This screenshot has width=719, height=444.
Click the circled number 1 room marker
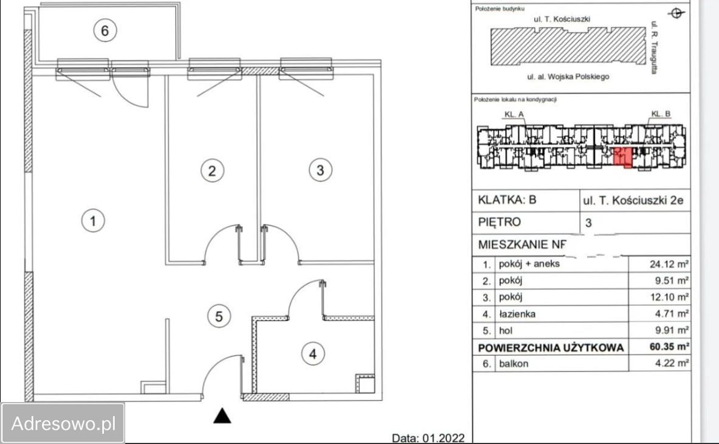[x=93, y=221]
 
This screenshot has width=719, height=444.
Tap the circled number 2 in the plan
[x=212, y=171]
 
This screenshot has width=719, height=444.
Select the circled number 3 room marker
[x=320, y=170]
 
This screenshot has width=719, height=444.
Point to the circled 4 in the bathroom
[x=313, y=353]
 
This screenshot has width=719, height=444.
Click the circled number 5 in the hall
[x=219, y=316]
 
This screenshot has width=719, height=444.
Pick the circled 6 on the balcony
[x=105, y=30]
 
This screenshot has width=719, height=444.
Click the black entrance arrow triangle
[x=222, y=415]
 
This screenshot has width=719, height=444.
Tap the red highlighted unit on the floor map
[x=623, y=157]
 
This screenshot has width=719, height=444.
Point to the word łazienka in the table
[x=517, y=314]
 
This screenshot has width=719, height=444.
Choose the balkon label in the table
[x=514, y=363]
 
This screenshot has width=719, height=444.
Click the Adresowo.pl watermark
[x=63, y=423]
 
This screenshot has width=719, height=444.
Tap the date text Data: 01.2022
[x=428, y=438]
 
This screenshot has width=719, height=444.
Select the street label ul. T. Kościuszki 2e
[x=633, y=201]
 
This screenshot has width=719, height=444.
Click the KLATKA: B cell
[x=507, y=200]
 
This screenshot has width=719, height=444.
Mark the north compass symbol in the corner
[x=676, y=13]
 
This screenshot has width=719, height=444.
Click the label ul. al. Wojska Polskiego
[x=568, y=77]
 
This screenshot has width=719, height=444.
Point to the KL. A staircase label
[x=514, y=114]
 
